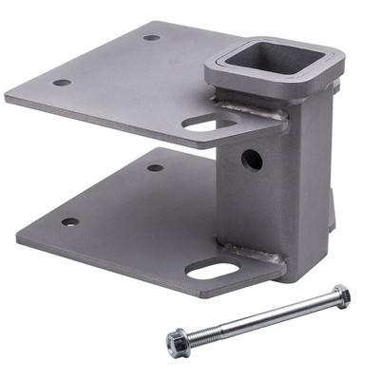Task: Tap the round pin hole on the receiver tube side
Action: (x=252, y=160)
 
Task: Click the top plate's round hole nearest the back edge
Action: (x=152, y=38)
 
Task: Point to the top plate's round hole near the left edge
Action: (x=62, y=83)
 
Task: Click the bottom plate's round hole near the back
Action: (x=155, y=168)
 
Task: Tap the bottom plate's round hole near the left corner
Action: (x=70, y=222)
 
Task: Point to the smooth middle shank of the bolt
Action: (x=275, y=313)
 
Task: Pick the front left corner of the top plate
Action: (x=8, y=96)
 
